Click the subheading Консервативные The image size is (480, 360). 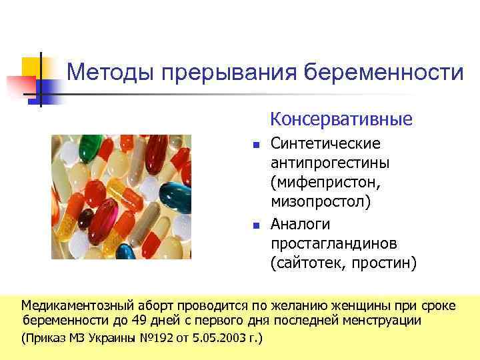click(x=341, y=120)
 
